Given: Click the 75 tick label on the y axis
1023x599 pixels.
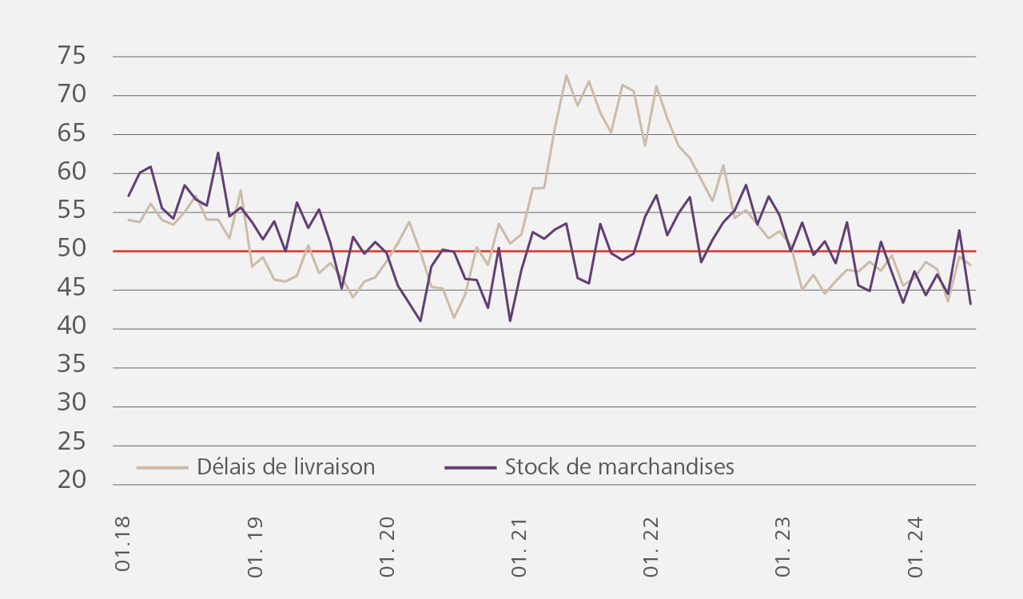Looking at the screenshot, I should [71, 56].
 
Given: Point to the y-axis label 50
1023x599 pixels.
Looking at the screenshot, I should [71, 250].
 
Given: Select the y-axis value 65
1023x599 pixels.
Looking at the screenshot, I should [71, 133].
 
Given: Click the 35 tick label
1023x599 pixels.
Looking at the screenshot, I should [71, 367].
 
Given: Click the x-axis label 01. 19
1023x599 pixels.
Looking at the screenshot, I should [254, 542].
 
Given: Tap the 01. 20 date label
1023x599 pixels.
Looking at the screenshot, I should [386, 542].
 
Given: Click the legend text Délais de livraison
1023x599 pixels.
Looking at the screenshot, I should [285, 467].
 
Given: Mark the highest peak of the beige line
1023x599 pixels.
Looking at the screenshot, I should [566, 76].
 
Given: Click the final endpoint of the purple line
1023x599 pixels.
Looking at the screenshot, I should [970, 304].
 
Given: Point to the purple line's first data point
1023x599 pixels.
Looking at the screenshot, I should [128, 196].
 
